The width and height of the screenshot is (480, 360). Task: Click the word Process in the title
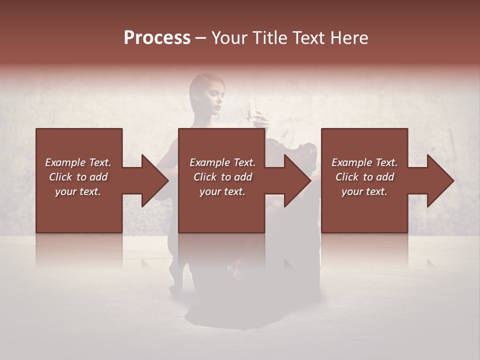click(157, 38)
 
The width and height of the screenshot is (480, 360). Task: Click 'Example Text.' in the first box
click(78, 162)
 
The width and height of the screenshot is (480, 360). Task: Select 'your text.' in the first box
click(78, 191)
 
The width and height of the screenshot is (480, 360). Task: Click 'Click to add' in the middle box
click(222, 177)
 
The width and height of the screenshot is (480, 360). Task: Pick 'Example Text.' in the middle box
click(222, 162)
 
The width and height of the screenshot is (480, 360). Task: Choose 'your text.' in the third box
click(364, 191)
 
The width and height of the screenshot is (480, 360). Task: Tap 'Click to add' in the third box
click(364, 177)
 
